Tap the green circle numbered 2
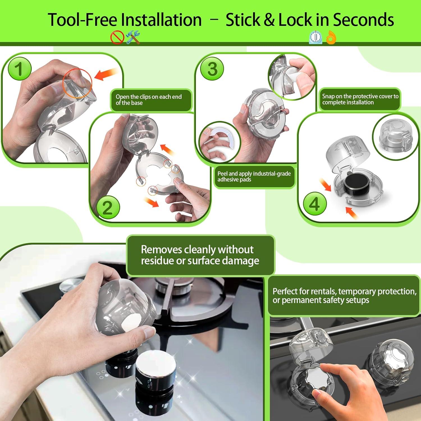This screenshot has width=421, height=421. coord(108,207)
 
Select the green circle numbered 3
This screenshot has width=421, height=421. coord(212,68)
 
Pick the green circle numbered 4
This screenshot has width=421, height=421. coord(314,204)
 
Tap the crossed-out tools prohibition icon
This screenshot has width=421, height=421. coord(117,38)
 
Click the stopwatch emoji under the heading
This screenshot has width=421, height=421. coord(315,37)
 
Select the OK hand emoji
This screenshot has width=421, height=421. coord(331,38)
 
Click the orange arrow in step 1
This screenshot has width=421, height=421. coord(106,74)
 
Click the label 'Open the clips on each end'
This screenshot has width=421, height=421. coord(149,97)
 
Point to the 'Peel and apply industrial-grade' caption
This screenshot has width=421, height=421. coord(254,174)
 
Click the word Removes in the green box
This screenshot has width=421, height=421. coord(161,250)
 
